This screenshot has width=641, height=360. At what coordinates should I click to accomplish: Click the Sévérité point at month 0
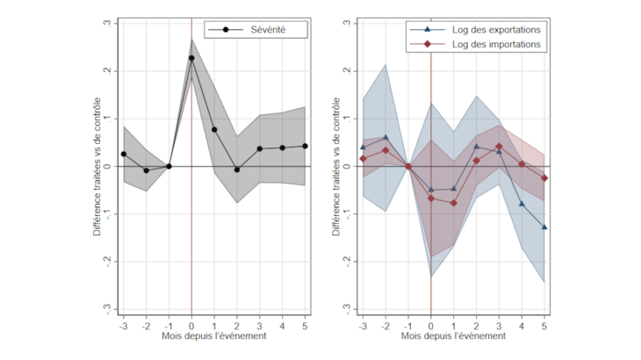[x=191, y=58]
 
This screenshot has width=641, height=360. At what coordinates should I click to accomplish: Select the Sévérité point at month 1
[x=214, y=129]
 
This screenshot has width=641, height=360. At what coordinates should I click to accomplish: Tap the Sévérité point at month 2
[x=237, y=169]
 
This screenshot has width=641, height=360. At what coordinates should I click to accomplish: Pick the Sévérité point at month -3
[x=124, y=154]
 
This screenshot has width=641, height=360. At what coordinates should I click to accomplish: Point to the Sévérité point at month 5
[x=305, y=146]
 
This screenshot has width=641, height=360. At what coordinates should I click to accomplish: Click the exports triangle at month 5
[x=544, y=227]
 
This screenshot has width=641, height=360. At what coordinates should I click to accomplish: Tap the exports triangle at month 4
[x=522, y=204]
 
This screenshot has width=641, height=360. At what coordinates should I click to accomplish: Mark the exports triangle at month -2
[x=385, y=137]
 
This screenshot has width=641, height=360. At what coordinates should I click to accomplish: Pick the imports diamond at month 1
[x=454, y=203]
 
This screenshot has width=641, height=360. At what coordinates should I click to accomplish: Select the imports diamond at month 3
[x=499, y=147]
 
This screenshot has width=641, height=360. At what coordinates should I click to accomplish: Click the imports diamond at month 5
[x=544, y=178]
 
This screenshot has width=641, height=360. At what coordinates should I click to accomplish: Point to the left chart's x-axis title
[x=214, y=335]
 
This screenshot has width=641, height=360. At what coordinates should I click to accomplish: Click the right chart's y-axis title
[x=337, y=165]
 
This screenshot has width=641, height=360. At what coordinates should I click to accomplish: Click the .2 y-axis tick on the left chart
[x=106, y=70]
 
